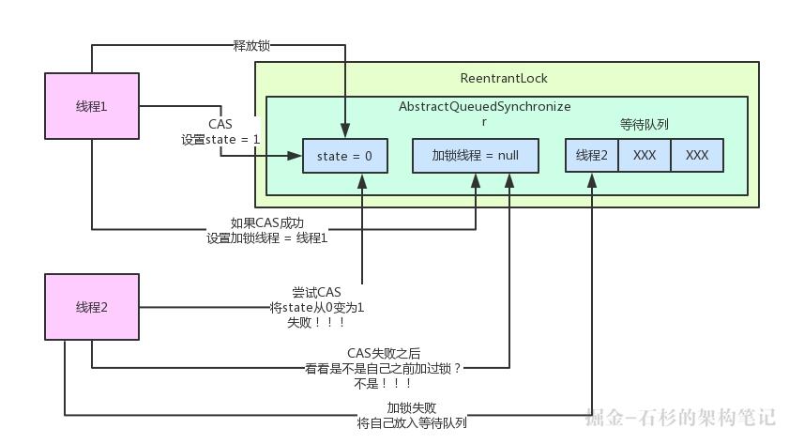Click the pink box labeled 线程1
(x=92, y=106)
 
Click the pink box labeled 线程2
(x=92, y=307)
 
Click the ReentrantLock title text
(x=504, y=78)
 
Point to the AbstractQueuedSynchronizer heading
(x=484, y=107)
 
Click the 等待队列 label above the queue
(x=645, y=124)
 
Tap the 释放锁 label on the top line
(x=250, y=44)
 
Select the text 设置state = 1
(x=220, y=139)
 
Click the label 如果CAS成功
(x=267, y=223)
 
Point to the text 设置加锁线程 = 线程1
(x=267, y=238)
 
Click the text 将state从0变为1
(x=316, y=307)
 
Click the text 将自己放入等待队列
(x=412, y=422)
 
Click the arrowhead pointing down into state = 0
(x=344, y=133)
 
